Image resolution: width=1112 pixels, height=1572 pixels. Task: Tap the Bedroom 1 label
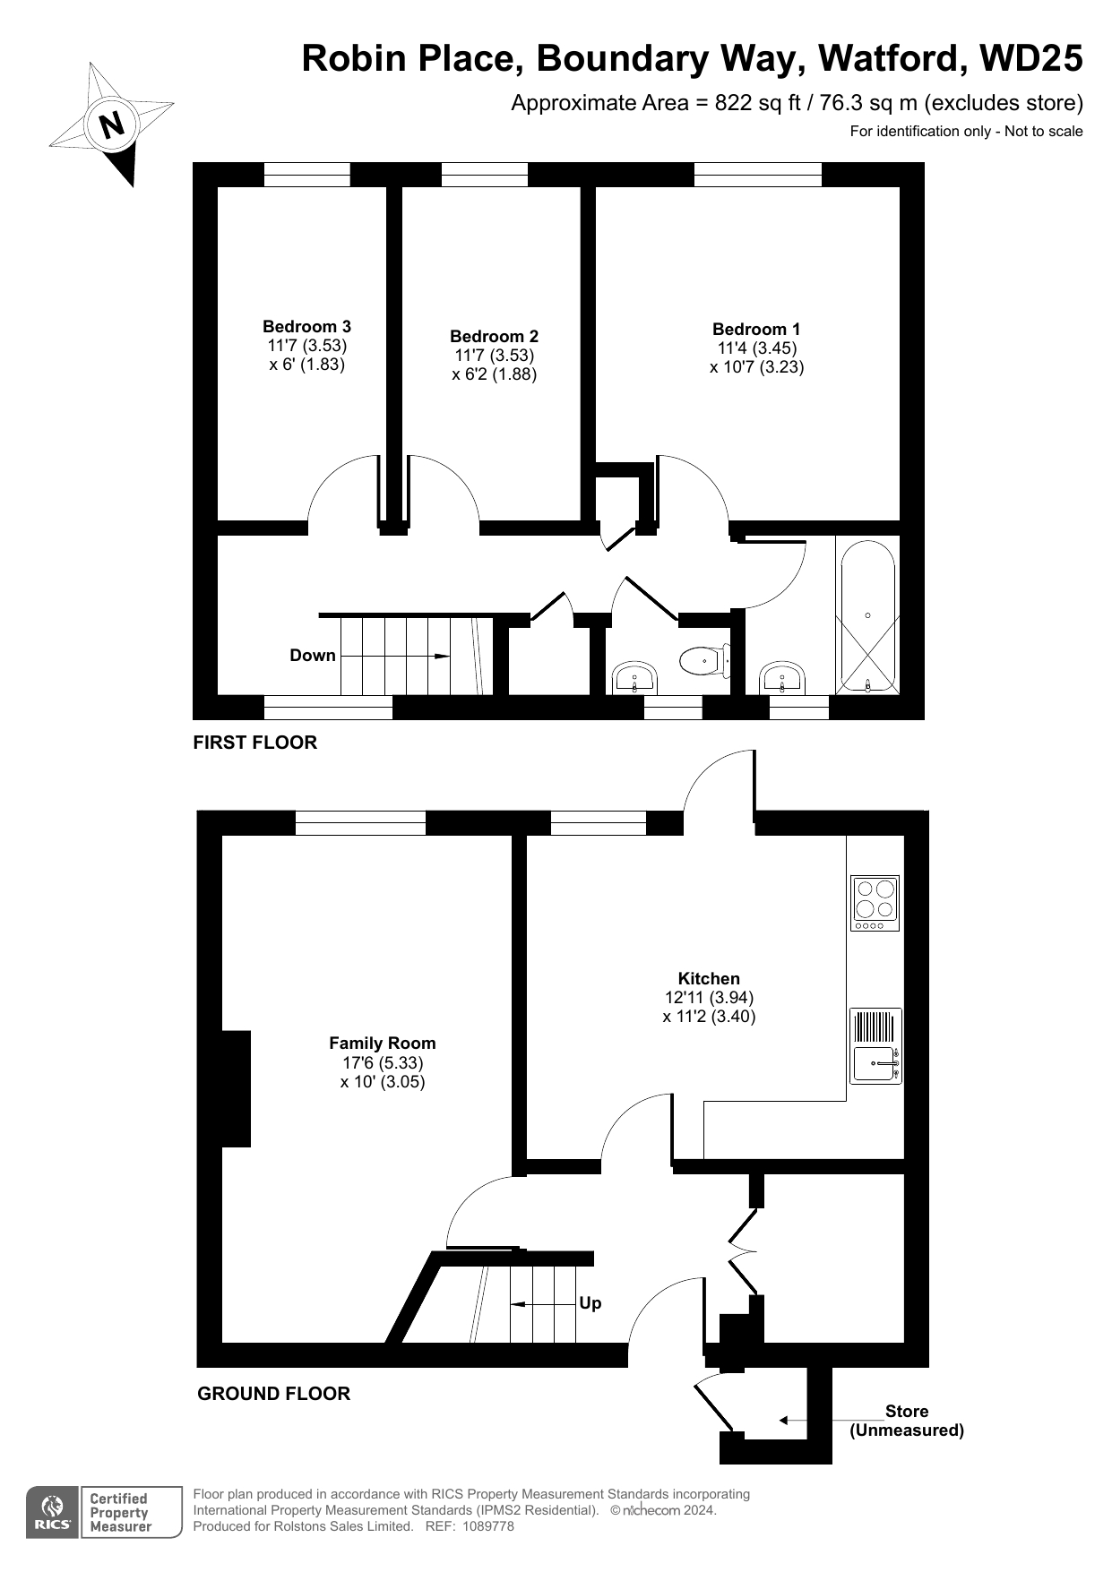[756, 330]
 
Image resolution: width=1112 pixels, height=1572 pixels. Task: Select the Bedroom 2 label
[494, 337]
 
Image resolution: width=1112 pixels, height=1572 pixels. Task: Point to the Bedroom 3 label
[306, 327]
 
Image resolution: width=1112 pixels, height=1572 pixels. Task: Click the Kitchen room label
[709, 979]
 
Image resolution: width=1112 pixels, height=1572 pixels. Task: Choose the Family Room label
[383, 1044]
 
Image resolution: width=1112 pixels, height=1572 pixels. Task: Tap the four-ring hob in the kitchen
[875, 903]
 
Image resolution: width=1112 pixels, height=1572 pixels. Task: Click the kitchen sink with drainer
[875, 1046]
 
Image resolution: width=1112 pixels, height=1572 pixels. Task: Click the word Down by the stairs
[313, 656]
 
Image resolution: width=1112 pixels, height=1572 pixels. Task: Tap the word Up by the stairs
[590, 1303]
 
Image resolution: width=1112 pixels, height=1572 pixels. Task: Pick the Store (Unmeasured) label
[907, 1421]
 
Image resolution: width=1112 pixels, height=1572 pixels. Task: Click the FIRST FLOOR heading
[255, 743]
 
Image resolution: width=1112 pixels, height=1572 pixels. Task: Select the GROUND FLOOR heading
[274, 1394]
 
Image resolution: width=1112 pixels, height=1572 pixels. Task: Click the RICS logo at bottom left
[55, 1513]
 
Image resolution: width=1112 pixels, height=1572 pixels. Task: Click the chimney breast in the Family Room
[236, 1088]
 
